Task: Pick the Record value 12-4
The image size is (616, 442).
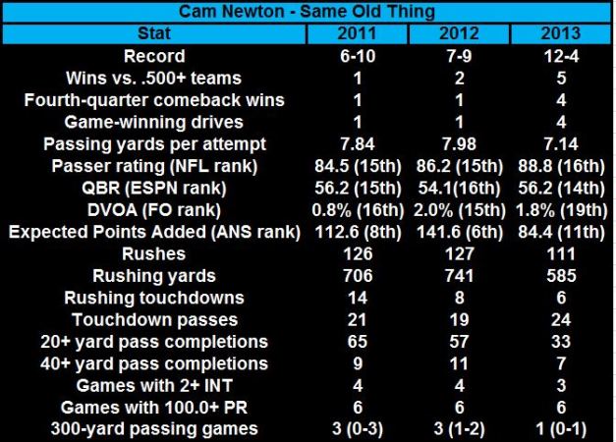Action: pyautogui.click(x=561, y=56)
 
